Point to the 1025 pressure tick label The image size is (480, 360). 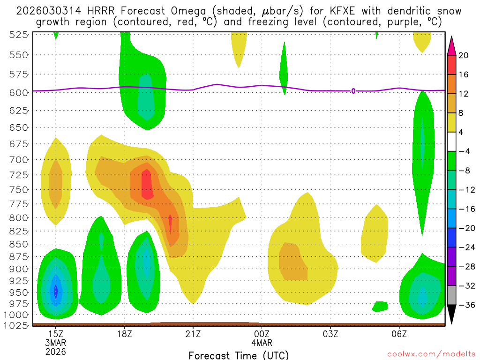pos(18,324)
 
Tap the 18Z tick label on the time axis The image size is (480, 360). pos(124,334)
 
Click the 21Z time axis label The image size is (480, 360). pos(193,334)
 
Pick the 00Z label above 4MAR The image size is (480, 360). pos(262,334)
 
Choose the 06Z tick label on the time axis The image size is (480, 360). pos(399,334)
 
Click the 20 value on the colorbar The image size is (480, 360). pos(464,55)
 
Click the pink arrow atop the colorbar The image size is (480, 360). pos(452,45)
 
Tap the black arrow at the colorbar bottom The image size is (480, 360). pos(452,315)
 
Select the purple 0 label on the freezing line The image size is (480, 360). pos(353,91)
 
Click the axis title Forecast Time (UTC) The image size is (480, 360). pos(239,355)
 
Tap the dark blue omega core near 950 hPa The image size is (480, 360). pos(56,292)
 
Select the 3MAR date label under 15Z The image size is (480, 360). pos(56,343)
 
